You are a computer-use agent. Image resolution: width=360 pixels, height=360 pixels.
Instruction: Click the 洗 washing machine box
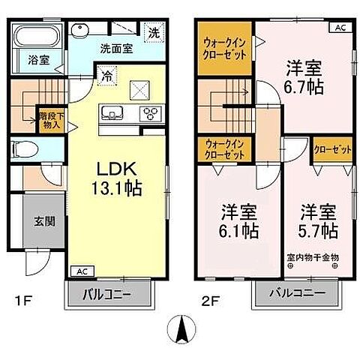(153, 32)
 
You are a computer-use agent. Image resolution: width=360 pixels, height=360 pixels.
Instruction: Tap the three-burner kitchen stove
(151, 114)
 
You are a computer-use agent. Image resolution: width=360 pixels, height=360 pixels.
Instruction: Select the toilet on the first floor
(31, 148)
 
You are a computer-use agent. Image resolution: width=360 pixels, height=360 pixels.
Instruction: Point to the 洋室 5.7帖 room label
(319, 220)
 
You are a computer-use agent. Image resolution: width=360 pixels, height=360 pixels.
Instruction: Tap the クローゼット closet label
(332, 150)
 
